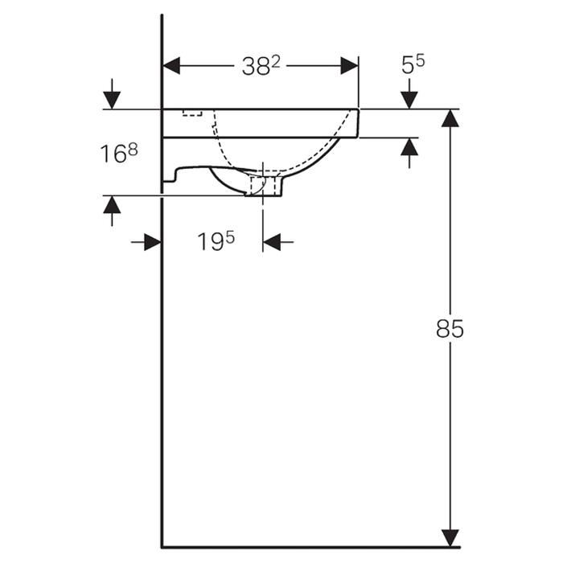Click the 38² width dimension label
[261, 67]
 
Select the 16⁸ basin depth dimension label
[119, 153]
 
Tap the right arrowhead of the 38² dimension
[349, 66]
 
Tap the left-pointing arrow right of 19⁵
[273, 242]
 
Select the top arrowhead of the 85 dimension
[450, 118]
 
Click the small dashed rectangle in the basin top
[191, 113]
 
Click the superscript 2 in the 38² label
[275, 62]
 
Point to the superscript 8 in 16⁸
[132, 148]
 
